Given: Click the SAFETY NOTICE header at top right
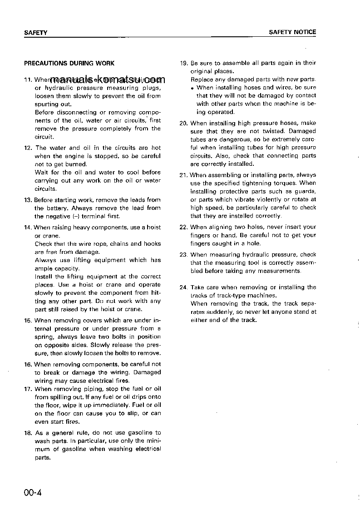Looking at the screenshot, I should (x=292, y=32).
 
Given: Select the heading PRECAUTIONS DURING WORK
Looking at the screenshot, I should (x=69, y=64).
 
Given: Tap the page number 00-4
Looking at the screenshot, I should (x=33, y=493).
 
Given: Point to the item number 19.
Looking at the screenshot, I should (x=183, y=63).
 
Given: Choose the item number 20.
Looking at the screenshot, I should (x=183, y=123).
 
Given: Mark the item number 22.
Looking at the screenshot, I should (x=183, y=227).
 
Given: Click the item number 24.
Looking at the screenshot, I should (x=183, y=287).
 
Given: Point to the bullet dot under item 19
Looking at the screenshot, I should (x=193, y=88).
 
